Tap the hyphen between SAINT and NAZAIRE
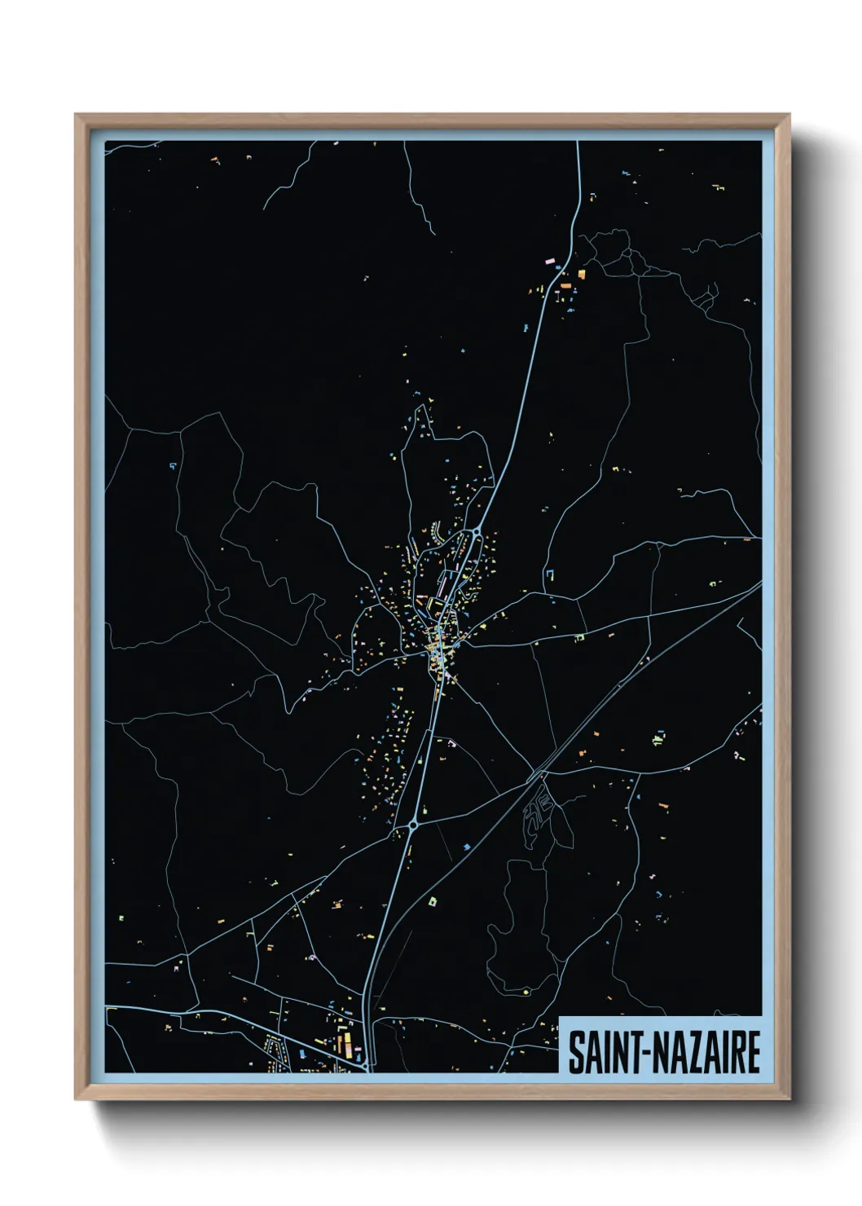[x=644, y=1053]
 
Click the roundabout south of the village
[x=413, y=825]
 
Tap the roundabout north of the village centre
[x=475, y=532]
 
